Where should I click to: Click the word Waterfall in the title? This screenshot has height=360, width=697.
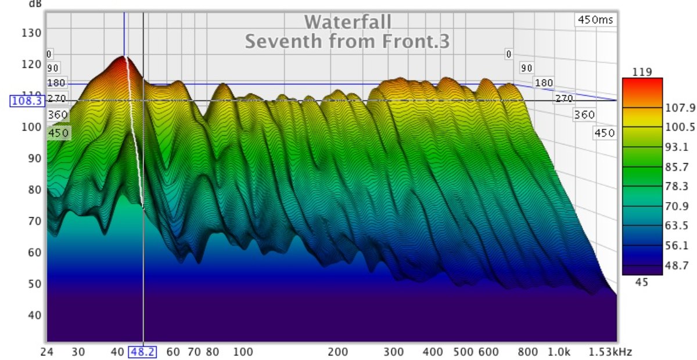point(347,22)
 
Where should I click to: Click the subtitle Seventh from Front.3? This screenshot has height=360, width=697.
point(347,42)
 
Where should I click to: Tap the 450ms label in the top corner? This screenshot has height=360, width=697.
point(595,20)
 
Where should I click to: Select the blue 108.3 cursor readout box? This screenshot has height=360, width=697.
point(27,101)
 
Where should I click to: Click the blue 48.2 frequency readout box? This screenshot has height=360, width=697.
point(142,352)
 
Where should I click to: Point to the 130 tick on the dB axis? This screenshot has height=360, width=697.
point(31,33)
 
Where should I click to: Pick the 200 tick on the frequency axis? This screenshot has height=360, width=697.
point(337,352)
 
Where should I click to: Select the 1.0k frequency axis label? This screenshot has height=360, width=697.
point(559,352)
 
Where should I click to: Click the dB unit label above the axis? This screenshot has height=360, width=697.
point(35,3)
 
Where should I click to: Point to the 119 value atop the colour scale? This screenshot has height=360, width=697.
point(643,72)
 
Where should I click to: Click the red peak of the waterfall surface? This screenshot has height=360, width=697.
point(123,58)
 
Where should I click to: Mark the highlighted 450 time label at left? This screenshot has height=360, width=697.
point(58,133)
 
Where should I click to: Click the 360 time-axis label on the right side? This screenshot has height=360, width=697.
point(584,115)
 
